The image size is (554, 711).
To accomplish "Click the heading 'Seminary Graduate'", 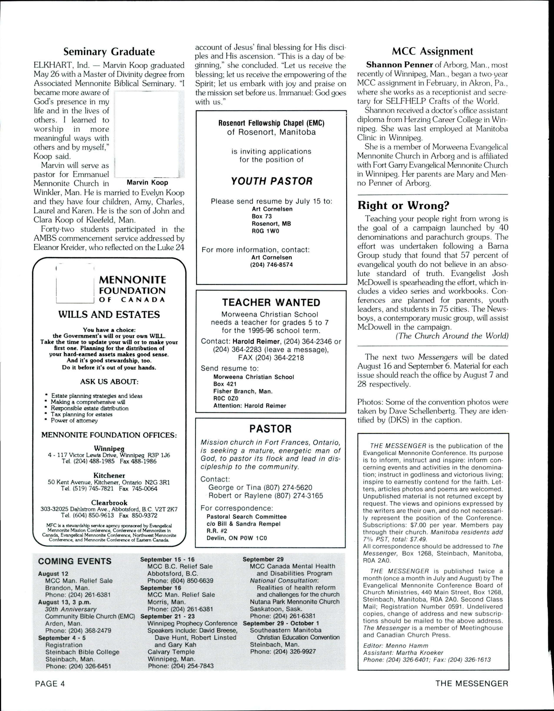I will (109, 51).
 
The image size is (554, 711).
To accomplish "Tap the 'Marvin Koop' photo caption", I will (147, 182).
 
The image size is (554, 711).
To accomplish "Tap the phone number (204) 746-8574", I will (271, 265).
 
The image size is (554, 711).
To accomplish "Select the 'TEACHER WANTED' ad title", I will (271, 302).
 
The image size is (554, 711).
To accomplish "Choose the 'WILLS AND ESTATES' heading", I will (109, 314).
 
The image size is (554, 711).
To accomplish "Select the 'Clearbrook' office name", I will (109, 503).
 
